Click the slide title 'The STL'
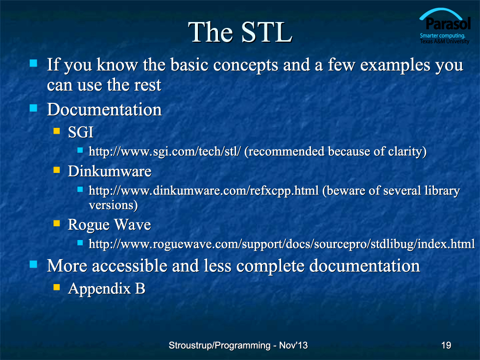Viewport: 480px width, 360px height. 240,32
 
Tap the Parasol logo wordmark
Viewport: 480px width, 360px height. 448,24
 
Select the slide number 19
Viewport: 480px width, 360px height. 446,345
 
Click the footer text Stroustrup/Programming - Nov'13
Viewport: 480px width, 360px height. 238,345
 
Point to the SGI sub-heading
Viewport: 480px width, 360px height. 80,132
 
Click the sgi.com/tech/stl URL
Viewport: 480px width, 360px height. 165,151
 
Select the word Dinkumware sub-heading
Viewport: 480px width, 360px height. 110,171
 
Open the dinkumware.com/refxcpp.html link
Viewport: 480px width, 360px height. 204,191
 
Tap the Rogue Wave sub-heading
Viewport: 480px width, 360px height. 109,225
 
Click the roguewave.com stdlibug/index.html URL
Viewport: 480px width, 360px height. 282,244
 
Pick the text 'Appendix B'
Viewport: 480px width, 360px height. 107,288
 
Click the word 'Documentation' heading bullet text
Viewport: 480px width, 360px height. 104,109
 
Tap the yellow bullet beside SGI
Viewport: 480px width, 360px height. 57,131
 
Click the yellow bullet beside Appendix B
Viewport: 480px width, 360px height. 57,287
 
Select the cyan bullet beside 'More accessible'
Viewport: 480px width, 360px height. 33,264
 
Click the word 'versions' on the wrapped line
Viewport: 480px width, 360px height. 111,205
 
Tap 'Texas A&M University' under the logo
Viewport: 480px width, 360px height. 445,41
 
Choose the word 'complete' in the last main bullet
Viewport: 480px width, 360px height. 270,265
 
